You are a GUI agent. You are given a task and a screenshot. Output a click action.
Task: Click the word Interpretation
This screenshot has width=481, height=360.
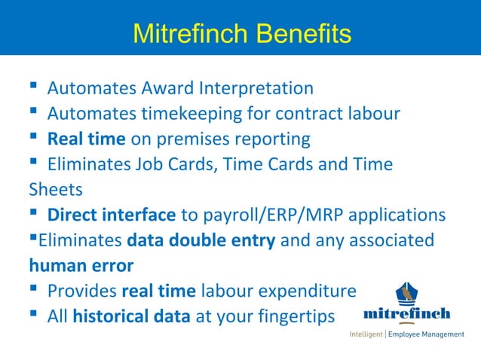click(x=256, y=88)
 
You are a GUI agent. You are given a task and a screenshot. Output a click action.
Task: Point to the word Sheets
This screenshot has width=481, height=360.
click(x=55, y=189)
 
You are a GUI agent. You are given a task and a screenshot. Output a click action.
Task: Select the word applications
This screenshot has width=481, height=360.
click(x=400, y=215)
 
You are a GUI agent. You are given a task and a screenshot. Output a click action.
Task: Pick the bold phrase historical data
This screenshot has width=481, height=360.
click(x=131, y=317)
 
